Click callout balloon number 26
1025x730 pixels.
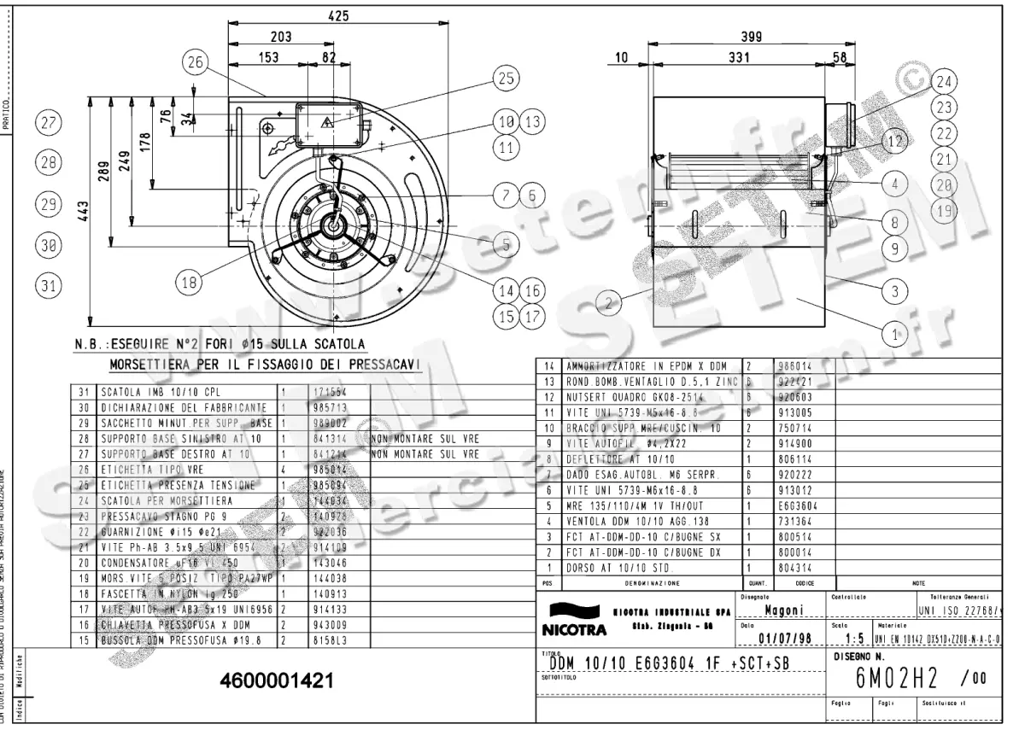[x=196, y=61]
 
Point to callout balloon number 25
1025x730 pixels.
[x=506, y=79]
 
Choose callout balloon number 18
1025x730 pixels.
[x=187, y=280]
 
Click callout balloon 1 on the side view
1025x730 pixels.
[x=894, y=335]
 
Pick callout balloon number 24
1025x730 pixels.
[x=942, y=83]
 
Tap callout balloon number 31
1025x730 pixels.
[x=48, y=284]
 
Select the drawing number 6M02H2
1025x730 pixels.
[x=898, y=679]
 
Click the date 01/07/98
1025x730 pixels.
[x=778, y=637]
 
